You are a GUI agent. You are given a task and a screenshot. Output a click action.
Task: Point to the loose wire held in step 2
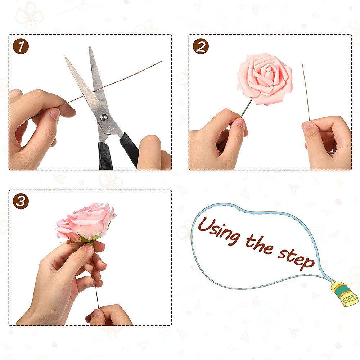[306, 94]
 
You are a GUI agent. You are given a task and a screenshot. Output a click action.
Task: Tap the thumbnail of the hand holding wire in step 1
[55, 114]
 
